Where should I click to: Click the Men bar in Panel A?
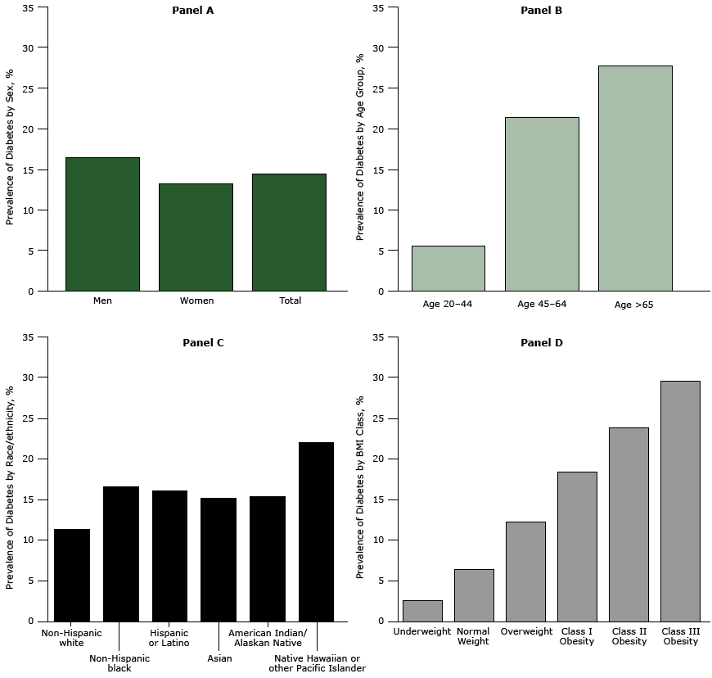pos(102,224)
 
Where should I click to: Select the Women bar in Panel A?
pos(196,237)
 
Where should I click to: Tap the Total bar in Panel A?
pos(289,232)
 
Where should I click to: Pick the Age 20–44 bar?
pos(448,268)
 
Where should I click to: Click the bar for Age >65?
pos(634,178)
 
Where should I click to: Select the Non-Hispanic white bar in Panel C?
pos(72,575)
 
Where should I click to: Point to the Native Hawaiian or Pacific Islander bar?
pos(316,531)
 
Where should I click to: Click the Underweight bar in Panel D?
pos(422,610)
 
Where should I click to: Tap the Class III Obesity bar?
pos(680,500)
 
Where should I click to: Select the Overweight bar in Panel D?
pos(525,571)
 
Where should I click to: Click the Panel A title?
pos(193,11)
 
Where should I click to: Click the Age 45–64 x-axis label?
pos(542,305)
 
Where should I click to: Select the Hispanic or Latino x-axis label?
pos(169,638)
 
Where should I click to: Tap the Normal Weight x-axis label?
pos(473,636)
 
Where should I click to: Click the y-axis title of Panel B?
pos(360,147)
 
